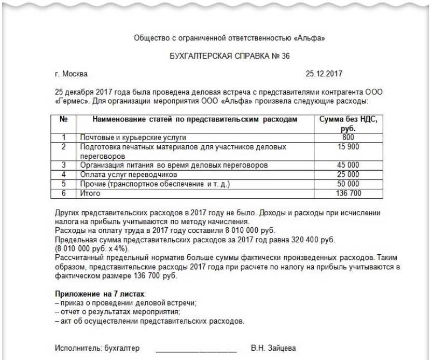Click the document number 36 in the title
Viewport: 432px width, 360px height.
[285, 57]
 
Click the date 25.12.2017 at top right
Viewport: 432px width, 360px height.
[324, 74]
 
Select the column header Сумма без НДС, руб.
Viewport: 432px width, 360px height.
[348, 123]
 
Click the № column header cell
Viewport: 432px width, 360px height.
[64, 119]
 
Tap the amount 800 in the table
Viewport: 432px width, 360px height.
[348, 137]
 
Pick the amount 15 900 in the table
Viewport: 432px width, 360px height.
[348, 147]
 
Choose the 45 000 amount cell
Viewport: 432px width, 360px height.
[348, 165]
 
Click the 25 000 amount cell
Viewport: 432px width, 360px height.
[348, 174]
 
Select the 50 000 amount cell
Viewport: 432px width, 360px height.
[348, 184]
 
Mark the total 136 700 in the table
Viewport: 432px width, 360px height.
[348, 193]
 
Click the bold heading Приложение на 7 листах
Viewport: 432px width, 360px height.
[100, 294]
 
